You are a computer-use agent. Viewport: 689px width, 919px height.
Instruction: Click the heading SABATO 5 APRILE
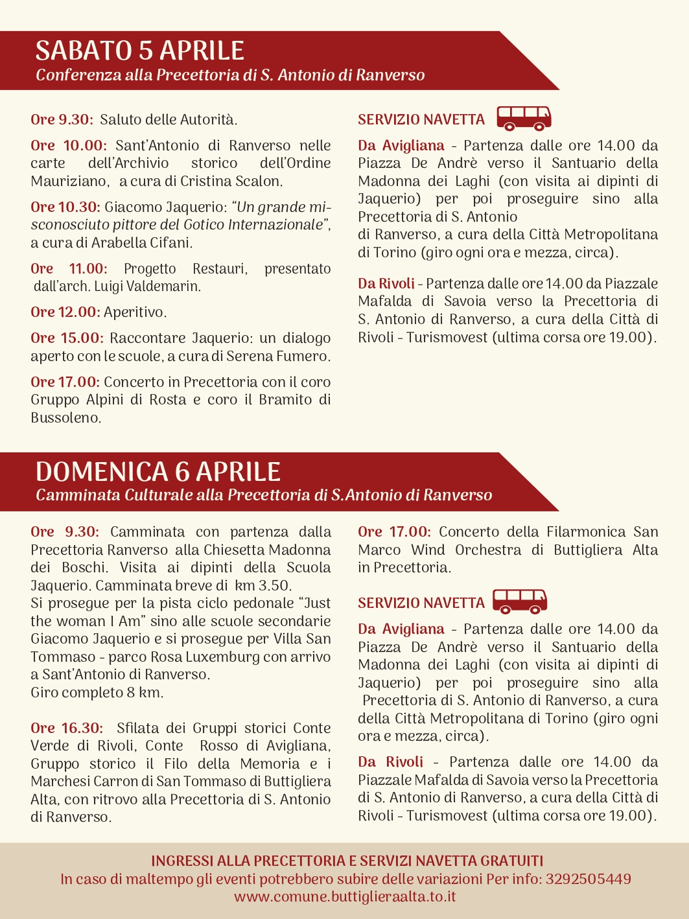pos(139,51)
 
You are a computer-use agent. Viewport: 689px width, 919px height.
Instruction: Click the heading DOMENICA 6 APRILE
pos(158,471)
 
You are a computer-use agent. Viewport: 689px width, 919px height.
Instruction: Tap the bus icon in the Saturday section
pos(524,118)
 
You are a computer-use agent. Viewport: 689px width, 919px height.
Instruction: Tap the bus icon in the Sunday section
pos(520,601)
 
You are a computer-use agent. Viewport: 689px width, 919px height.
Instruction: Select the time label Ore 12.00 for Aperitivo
pos(65,312)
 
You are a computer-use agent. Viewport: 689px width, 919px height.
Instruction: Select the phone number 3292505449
pos(588,879)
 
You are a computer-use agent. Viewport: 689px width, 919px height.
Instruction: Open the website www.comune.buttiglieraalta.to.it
pos(345,897)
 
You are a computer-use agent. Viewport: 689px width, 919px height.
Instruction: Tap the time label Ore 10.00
pos(68,146)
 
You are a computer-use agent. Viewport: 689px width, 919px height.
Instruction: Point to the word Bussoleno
pos(65,418)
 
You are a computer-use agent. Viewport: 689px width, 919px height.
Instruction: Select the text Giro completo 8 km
pos(97,693)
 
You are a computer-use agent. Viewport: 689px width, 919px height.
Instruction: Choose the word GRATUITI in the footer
pos(511,861)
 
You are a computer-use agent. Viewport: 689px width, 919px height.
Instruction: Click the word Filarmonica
pos(586,532)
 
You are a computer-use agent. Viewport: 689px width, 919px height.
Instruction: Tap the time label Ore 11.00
pos(68,269)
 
